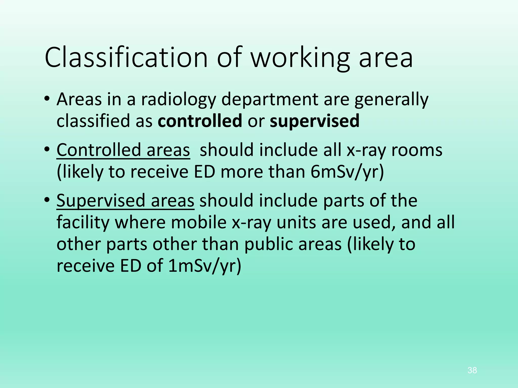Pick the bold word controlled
point(200,121)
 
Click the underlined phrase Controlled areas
point(123,150)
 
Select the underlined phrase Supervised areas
point(125,201)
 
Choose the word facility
point(83,222)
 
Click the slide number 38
point(472,370)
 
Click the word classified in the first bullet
point(93,121)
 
